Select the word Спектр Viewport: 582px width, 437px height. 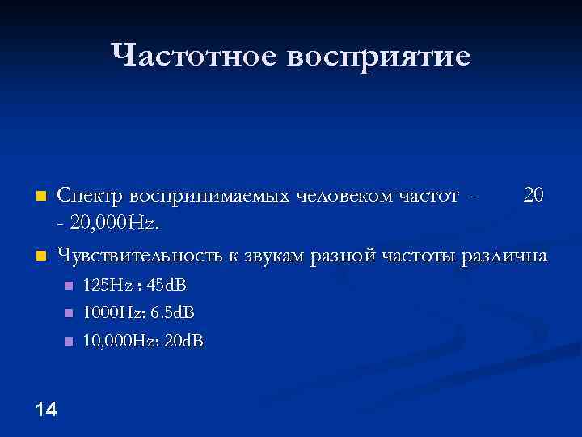click(91, 197)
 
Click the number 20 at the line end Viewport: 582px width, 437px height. click(534, 196)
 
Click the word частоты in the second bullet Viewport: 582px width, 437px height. click(417, 256)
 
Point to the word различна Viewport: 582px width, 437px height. click(504, 257)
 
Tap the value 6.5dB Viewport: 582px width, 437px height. click(173, 312)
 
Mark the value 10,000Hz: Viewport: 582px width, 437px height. click(121, 341)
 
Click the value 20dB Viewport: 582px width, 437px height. click(183, 341)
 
